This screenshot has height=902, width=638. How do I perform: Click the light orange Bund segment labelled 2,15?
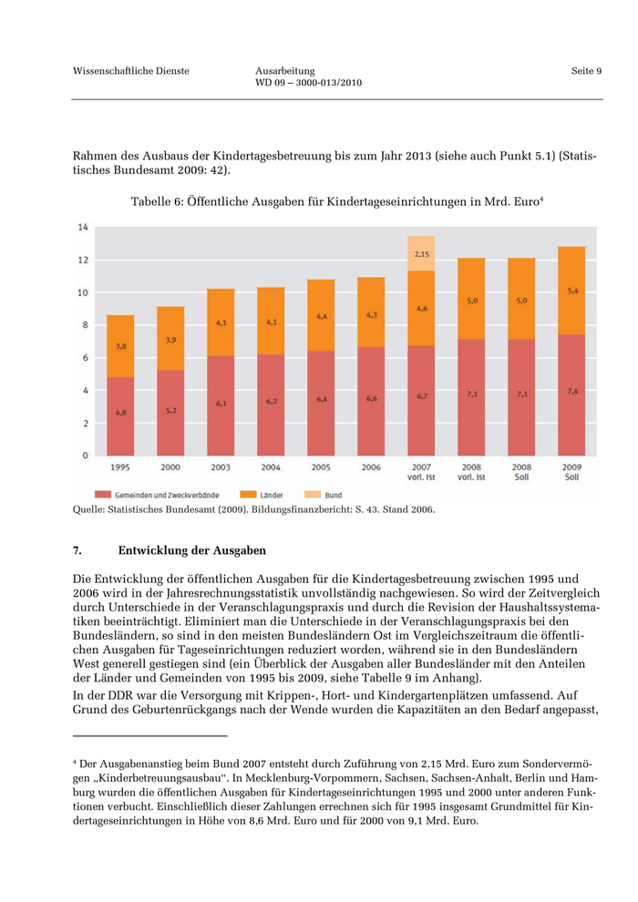click(x=421, y=253)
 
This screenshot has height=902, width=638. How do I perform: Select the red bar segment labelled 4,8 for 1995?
click(x=120, y=416)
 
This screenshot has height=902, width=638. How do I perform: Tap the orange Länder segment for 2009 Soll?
click(x=571, y=291)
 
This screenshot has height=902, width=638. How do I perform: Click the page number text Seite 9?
click(x=587, y=71)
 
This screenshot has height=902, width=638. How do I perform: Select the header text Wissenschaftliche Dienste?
click(x=130, y=71)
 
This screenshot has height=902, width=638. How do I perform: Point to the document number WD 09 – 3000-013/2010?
click(x=309, y=83)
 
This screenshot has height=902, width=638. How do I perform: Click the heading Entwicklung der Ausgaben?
click(x=191, y=550)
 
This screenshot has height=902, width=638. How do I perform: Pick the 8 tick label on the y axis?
click(x=85, y=324)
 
